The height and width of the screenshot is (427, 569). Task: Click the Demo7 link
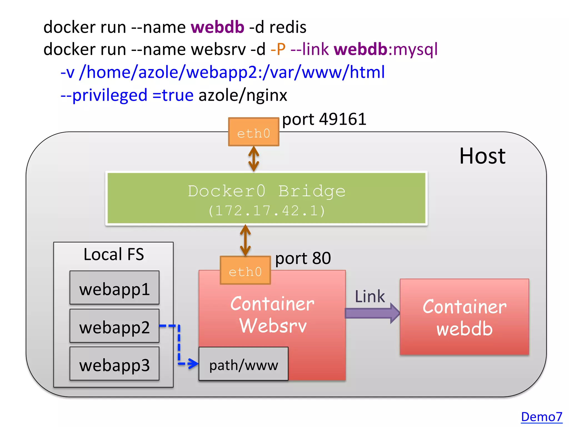coord(541,417)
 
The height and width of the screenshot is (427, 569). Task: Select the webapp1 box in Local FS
coord(114,288)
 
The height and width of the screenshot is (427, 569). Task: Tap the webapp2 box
coord(114,326)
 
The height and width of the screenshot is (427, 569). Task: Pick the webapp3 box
coord(114,364)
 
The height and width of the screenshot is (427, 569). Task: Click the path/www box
coord(243,364)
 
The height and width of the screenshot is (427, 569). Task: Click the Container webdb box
coord(464,317)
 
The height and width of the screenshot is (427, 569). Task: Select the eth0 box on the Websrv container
coord(245,270)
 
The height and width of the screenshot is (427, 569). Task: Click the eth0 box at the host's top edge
coord(253,132)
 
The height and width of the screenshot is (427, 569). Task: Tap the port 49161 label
coord(324,119)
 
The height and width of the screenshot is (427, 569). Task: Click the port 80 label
coord(303,258)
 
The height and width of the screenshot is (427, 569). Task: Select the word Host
coord(482,156)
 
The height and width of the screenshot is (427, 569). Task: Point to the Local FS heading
coord(114,254)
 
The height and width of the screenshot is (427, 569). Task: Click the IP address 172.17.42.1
coord(266,211)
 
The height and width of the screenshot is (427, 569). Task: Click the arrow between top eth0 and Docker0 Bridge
coord(253,159)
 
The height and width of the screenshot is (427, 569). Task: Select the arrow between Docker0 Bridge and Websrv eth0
coord(245,240)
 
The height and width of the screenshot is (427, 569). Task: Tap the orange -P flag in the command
coord(278,49)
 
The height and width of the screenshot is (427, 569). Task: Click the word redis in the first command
coord(288,27)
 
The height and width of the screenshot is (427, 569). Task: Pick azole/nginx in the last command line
coord(243,95)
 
